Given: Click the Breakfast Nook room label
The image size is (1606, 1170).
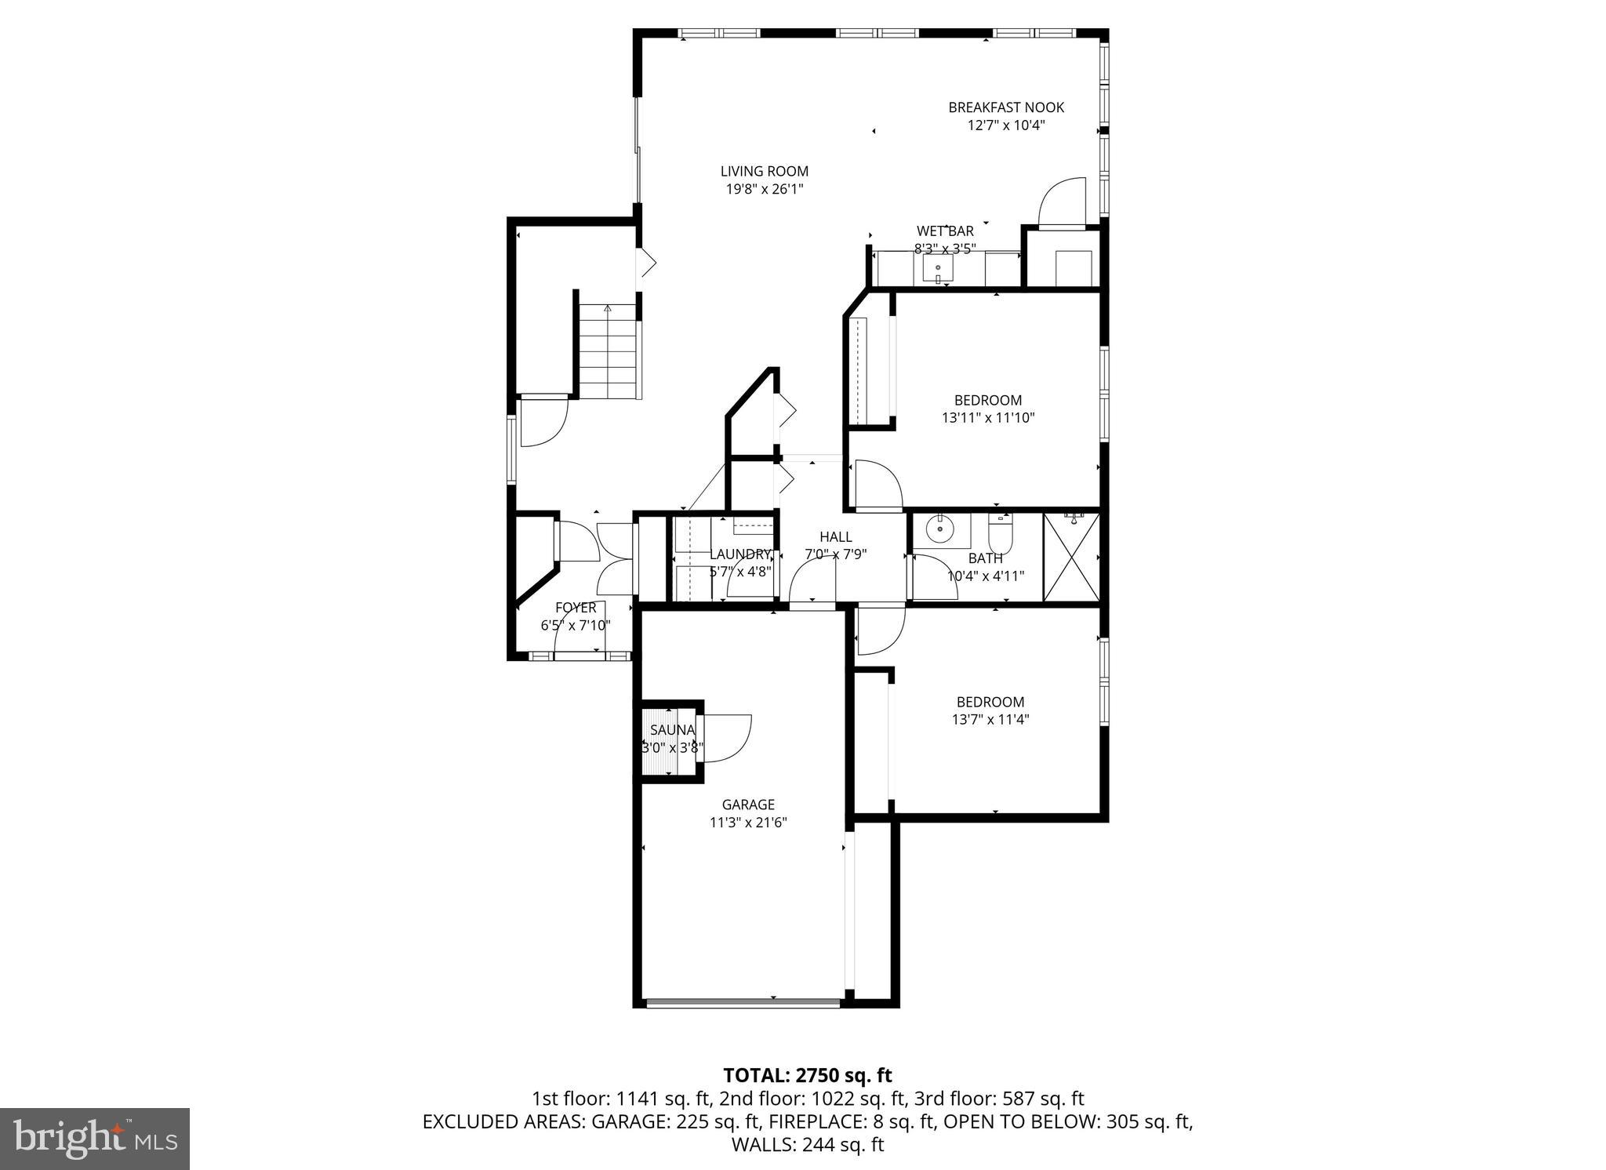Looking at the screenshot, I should pos(1005,107).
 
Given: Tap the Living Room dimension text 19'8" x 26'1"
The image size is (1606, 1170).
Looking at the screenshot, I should pos(764,189).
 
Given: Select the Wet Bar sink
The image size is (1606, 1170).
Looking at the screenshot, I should pos(937,270).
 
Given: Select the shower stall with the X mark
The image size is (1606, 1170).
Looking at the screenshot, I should pos(1071,557).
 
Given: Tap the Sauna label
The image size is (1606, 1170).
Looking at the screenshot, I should pos(672,730).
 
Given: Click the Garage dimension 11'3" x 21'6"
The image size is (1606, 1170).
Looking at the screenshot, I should pos(748,823).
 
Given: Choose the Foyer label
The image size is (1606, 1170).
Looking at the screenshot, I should pos(576,608).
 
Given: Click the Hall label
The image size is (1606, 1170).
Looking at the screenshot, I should pos(835,537).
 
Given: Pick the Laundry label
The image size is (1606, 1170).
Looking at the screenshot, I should pos(740,554).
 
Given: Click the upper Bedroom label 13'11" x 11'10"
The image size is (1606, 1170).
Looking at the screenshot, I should pos(987,401).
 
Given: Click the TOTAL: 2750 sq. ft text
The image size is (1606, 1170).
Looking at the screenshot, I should pos(807,1075).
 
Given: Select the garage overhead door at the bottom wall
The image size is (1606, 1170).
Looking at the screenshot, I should pos(743,1002).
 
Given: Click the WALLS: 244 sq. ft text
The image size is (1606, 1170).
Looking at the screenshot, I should pos(807,1144).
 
